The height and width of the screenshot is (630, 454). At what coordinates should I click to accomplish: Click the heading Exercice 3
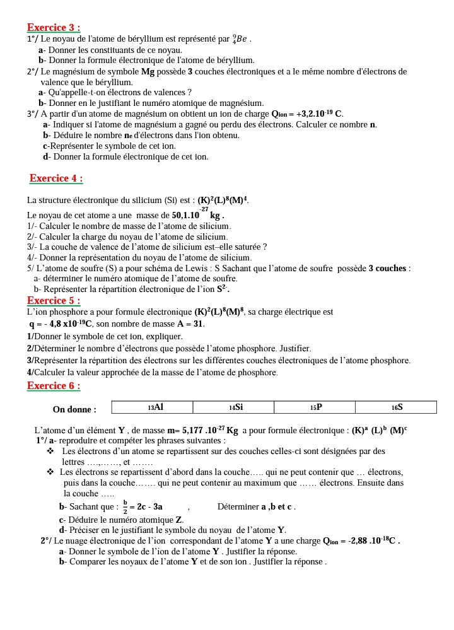tap(54, 28)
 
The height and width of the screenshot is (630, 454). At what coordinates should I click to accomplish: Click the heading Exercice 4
tap(56, 178)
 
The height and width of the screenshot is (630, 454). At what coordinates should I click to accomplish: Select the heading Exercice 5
tap(54, 300)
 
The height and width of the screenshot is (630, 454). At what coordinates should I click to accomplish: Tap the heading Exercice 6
tap(54, 386)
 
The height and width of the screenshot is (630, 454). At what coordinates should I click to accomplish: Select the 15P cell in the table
tap(315, 407)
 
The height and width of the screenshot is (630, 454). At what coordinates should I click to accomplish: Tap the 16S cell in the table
tap(396, 407)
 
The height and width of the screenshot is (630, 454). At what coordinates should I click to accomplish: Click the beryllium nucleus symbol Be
tap(240, 39)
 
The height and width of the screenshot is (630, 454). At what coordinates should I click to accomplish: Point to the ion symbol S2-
tap(223, 289)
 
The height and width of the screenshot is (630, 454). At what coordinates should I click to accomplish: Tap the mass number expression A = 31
tap(190, 324)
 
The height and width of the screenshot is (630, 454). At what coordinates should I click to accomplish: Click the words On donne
tap(74, 409)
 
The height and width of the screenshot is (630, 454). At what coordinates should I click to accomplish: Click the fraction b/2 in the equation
tap(125, 506)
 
